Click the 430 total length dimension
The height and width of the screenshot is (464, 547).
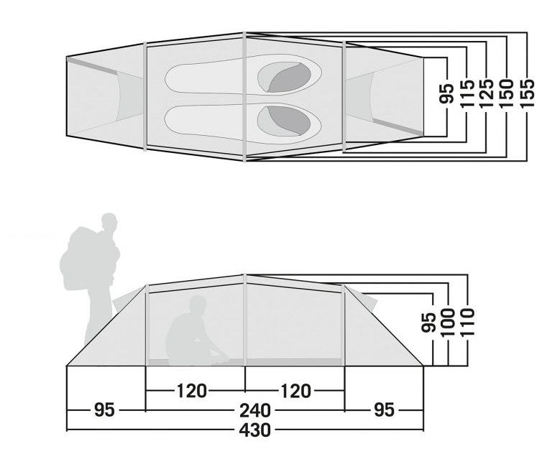tap(255, 430)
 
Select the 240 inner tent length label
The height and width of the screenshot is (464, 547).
tap(255, 410)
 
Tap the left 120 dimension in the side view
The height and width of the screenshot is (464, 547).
tap(192, 391)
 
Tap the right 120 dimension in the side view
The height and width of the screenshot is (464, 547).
tap(295, 391)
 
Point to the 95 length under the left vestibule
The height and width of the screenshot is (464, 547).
tap(104, 409)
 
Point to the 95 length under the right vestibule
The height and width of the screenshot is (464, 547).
tap(384, 409)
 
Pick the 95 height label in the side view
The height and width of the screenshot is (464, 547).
tap(428, 323)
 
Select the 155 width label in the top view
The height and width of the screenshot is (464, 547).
tap(527, 93)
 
